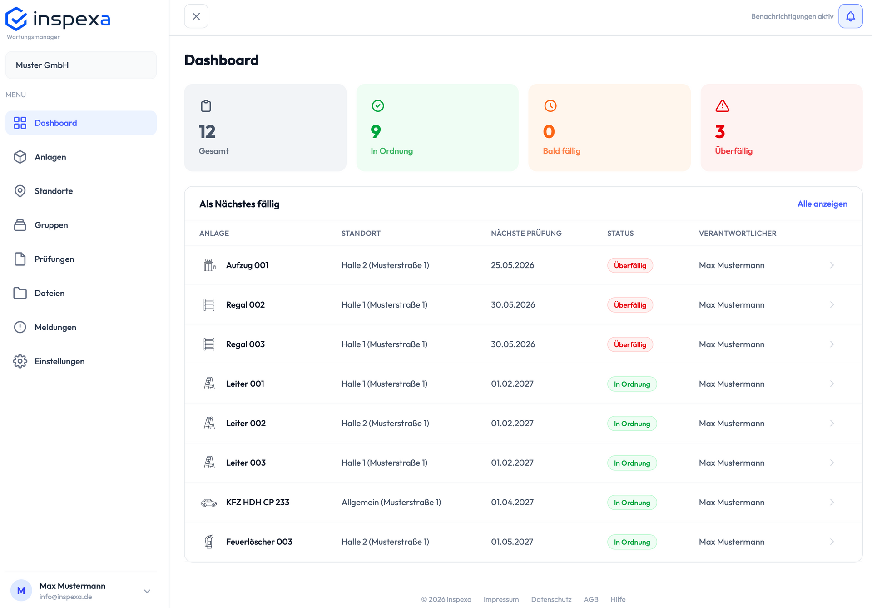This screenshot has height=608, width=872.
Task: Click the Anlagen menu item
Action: (50, 157)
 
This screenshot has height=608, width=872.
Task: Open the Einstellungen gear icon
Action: (20, 361)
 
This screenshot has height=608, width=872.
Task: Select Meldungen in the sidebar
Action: (55, 327)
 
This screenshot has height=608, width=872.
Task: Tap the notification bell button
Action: (850, 16)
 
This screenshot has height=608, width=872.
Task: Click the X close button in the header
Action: (196, 16)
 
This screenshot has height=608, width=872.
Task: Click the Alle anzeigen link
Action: (822, 204)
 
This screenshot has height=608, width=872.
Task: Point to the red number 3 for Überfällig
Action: (720, 132)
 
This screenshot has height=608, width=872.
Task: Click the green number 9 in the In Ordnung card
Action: (376, 132)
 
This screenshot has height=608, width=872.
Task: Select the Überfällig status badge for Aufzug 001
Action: (630, 265)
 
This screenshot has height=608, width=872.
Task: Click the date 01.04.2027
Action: (512, 502)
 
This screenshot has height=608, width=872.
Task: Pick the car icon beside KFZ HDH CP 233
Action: (209, 503)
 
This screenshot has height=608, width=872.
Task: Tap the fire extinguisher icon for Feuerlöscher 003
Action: (209, 542)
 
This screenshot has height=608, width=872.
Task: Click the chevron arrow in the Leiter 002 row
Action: (832, 423)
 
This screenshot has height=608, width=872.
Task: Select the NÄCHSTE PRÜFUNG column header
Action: (526, 233)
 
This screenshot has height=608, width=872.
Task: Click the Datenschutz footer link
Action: (551, 599)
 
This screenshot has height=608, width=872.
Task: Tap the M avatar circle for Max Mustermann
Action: (21, 590)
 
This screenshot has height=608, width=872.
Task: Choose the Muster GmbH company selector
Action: (81, 65)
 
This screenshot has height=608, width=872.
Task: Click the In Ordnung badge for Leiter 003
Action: (632, 463)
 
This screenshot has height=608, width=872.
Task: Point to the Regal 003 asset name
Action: (245, 344)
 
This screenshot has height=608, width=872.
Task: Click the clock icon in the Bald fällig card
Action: (550, 106)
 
